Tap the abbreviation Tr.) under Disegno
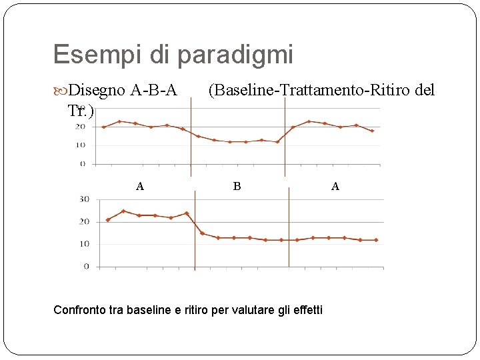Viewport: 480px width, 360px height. [x=81, y=111]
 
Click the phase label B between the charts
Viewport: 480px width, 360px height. [x=237, y=187]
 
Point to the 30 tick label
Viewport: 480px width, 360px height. [x=84, y=199]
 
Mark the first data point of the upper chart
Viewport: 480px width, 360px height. [x=104, y=127]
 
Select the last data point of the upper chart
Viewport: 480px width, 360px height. [x=372, y=131]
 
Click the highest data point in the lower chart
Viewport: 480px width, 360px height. [x=123, y=211]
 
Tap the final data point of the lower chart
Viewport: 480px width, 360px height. [x=376, y=240]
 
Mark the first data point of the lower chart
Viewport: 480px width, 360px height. [x=107, y=220]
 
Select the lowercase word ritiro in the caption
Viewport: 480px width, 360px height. [x=193, y=310]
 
